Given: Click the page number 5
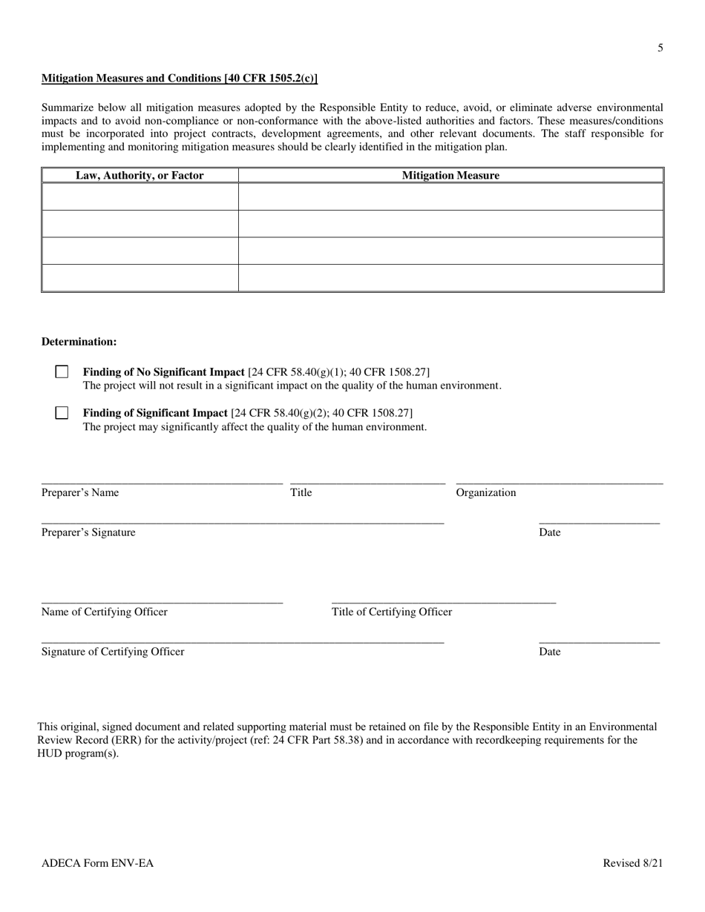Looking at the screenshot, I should pos(660,48).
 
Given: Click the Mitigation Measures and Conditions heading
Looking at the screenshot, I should pos(180,79).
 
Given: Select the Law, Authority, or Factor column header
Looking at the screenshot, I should pos(140,176).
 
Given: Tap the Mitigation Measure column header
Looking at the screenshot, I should pos(450,176).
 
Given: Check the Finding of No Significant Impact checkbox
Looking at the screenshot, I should pos(62,372).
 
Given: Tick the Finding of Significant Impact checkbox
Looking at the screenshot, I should pos(62,413).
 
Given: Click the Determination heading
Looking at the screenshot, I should pos(79,342).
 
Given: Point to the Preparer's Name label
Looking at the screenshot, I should pos(80,493).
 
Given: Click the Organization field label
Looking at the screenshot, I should pos(486,493).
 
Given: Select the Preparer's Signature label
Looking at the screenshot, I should pos(88,532).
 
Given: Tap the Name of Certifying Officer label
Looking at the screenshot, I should pos(105,612).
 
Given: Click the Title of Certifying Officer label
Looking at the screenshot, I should pos(392,612).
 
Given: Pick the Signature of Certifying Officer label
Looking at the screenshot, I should pos(113,652).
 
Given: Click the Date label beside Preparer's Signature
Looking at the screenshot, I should pos(550,532).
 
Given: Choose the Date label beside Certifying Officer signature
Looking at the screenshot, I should pos(550,652).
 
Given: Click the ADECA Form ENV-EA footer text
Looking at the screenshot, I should pos(98,863).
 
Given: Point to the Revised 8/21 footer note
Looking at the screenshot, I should pos(633,863).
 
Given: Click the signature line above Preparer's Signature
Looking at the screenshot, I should pos(243,523).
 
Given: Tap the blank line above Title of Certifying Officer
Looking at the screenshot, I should pos(443,603).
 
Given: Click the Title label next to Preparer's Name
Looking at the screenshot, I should pos(301,493).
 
